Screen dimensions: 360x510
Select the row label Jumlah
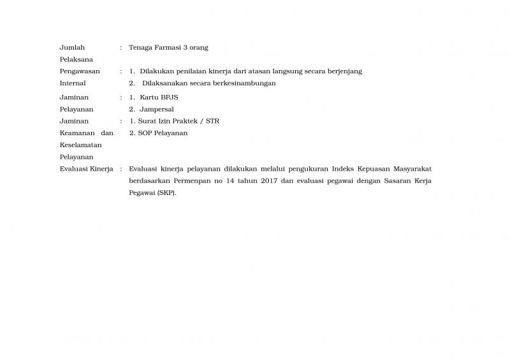(72, 48)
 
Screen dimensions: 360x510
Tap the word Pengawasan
(79, 71)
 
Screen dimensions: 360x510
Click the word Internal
(72, 83)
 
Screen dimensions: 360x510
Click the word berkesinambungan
(244, 83)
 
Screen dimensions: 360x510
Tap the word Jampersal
(156, 110)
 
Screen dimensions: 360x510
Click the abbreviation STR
(212, 121)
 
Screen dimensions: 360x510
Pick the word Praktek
(183, 121)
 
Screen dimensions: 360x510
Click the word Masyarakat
(409, 169)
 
